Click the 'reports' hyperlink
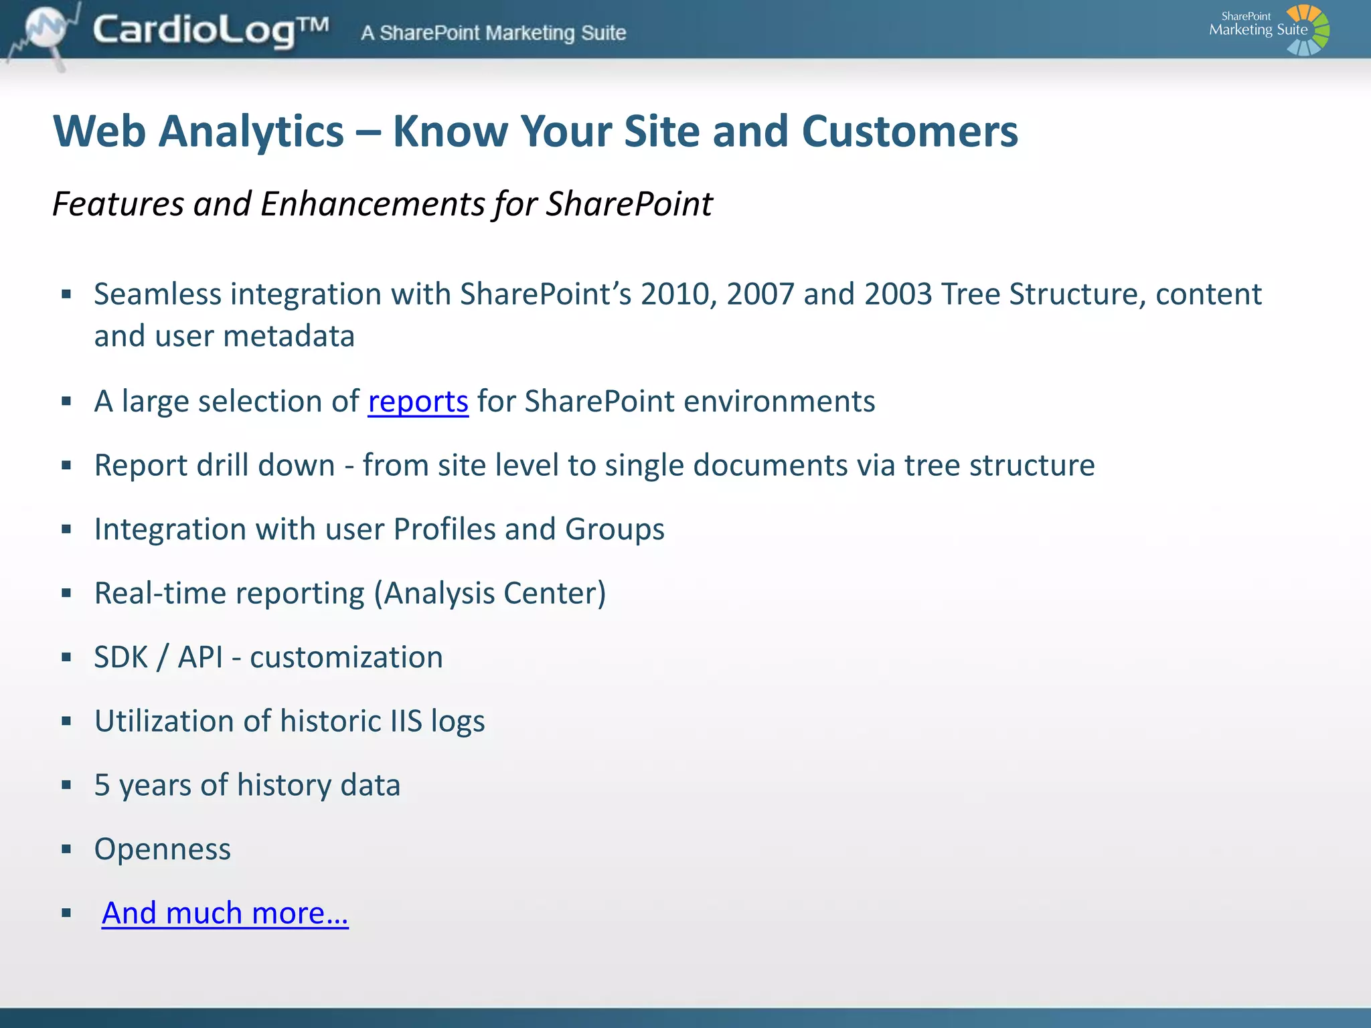(x=418, y=402)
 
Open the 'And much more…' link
(x=225, y=913)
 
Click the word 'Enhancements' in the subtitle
(x=372, y=203)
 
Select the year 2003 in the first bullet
(x=898, y=294)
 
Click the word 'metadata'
(x=289, y=336)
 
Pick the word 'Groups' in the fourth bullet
(x=615, y=529)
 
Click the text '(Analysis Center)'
(x=489, y=593)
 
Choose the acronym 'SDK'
(x=120, y=657)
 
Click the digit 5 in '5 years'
(x=102, y=786)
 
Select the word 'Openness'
(x=163, y=849)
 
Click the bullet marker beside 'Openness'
(x=66, y=850)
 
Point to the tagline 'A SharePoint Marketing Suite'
(x=493, y=33)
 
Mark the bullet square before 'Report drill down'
(x=66, y=466)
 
